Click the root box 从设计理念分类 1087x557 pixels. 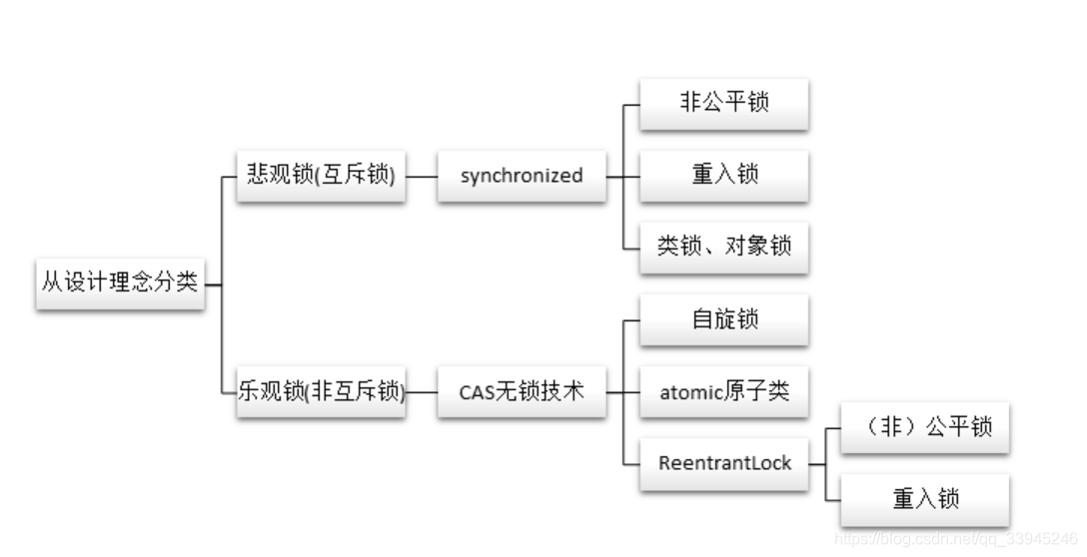[120, 282]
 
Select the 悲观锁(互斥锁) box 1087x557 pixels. [321, 175]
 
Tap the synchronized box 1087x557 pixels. [522, 175]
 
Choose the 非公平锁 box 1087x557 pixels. [724, 102]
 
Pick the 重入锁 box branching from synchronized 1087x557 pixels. [724, 174]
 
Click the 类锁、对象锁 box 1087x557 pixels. [724, 246]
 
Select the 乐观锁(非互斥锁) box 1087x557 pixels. [321, 391]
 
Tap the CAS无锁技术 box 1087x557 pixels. [522, 391]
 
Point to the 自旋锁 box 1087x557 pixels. [724, 318]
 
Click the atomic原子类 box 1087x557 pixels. [724, 391]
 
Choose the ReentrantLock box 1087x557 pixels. [724, 463]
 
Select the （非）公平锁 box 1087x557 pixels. [925, 427]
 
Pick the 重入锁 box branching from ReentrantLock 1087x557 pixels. [925, 499]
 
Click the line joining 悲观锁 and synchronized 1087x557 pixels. [422, 176]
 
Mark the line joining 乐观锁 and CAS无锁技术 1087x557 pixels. [422, 391]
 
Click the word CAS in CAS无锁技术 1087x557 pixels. [477, 392]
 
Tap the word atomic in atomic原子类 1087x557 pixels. [690, 392]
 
